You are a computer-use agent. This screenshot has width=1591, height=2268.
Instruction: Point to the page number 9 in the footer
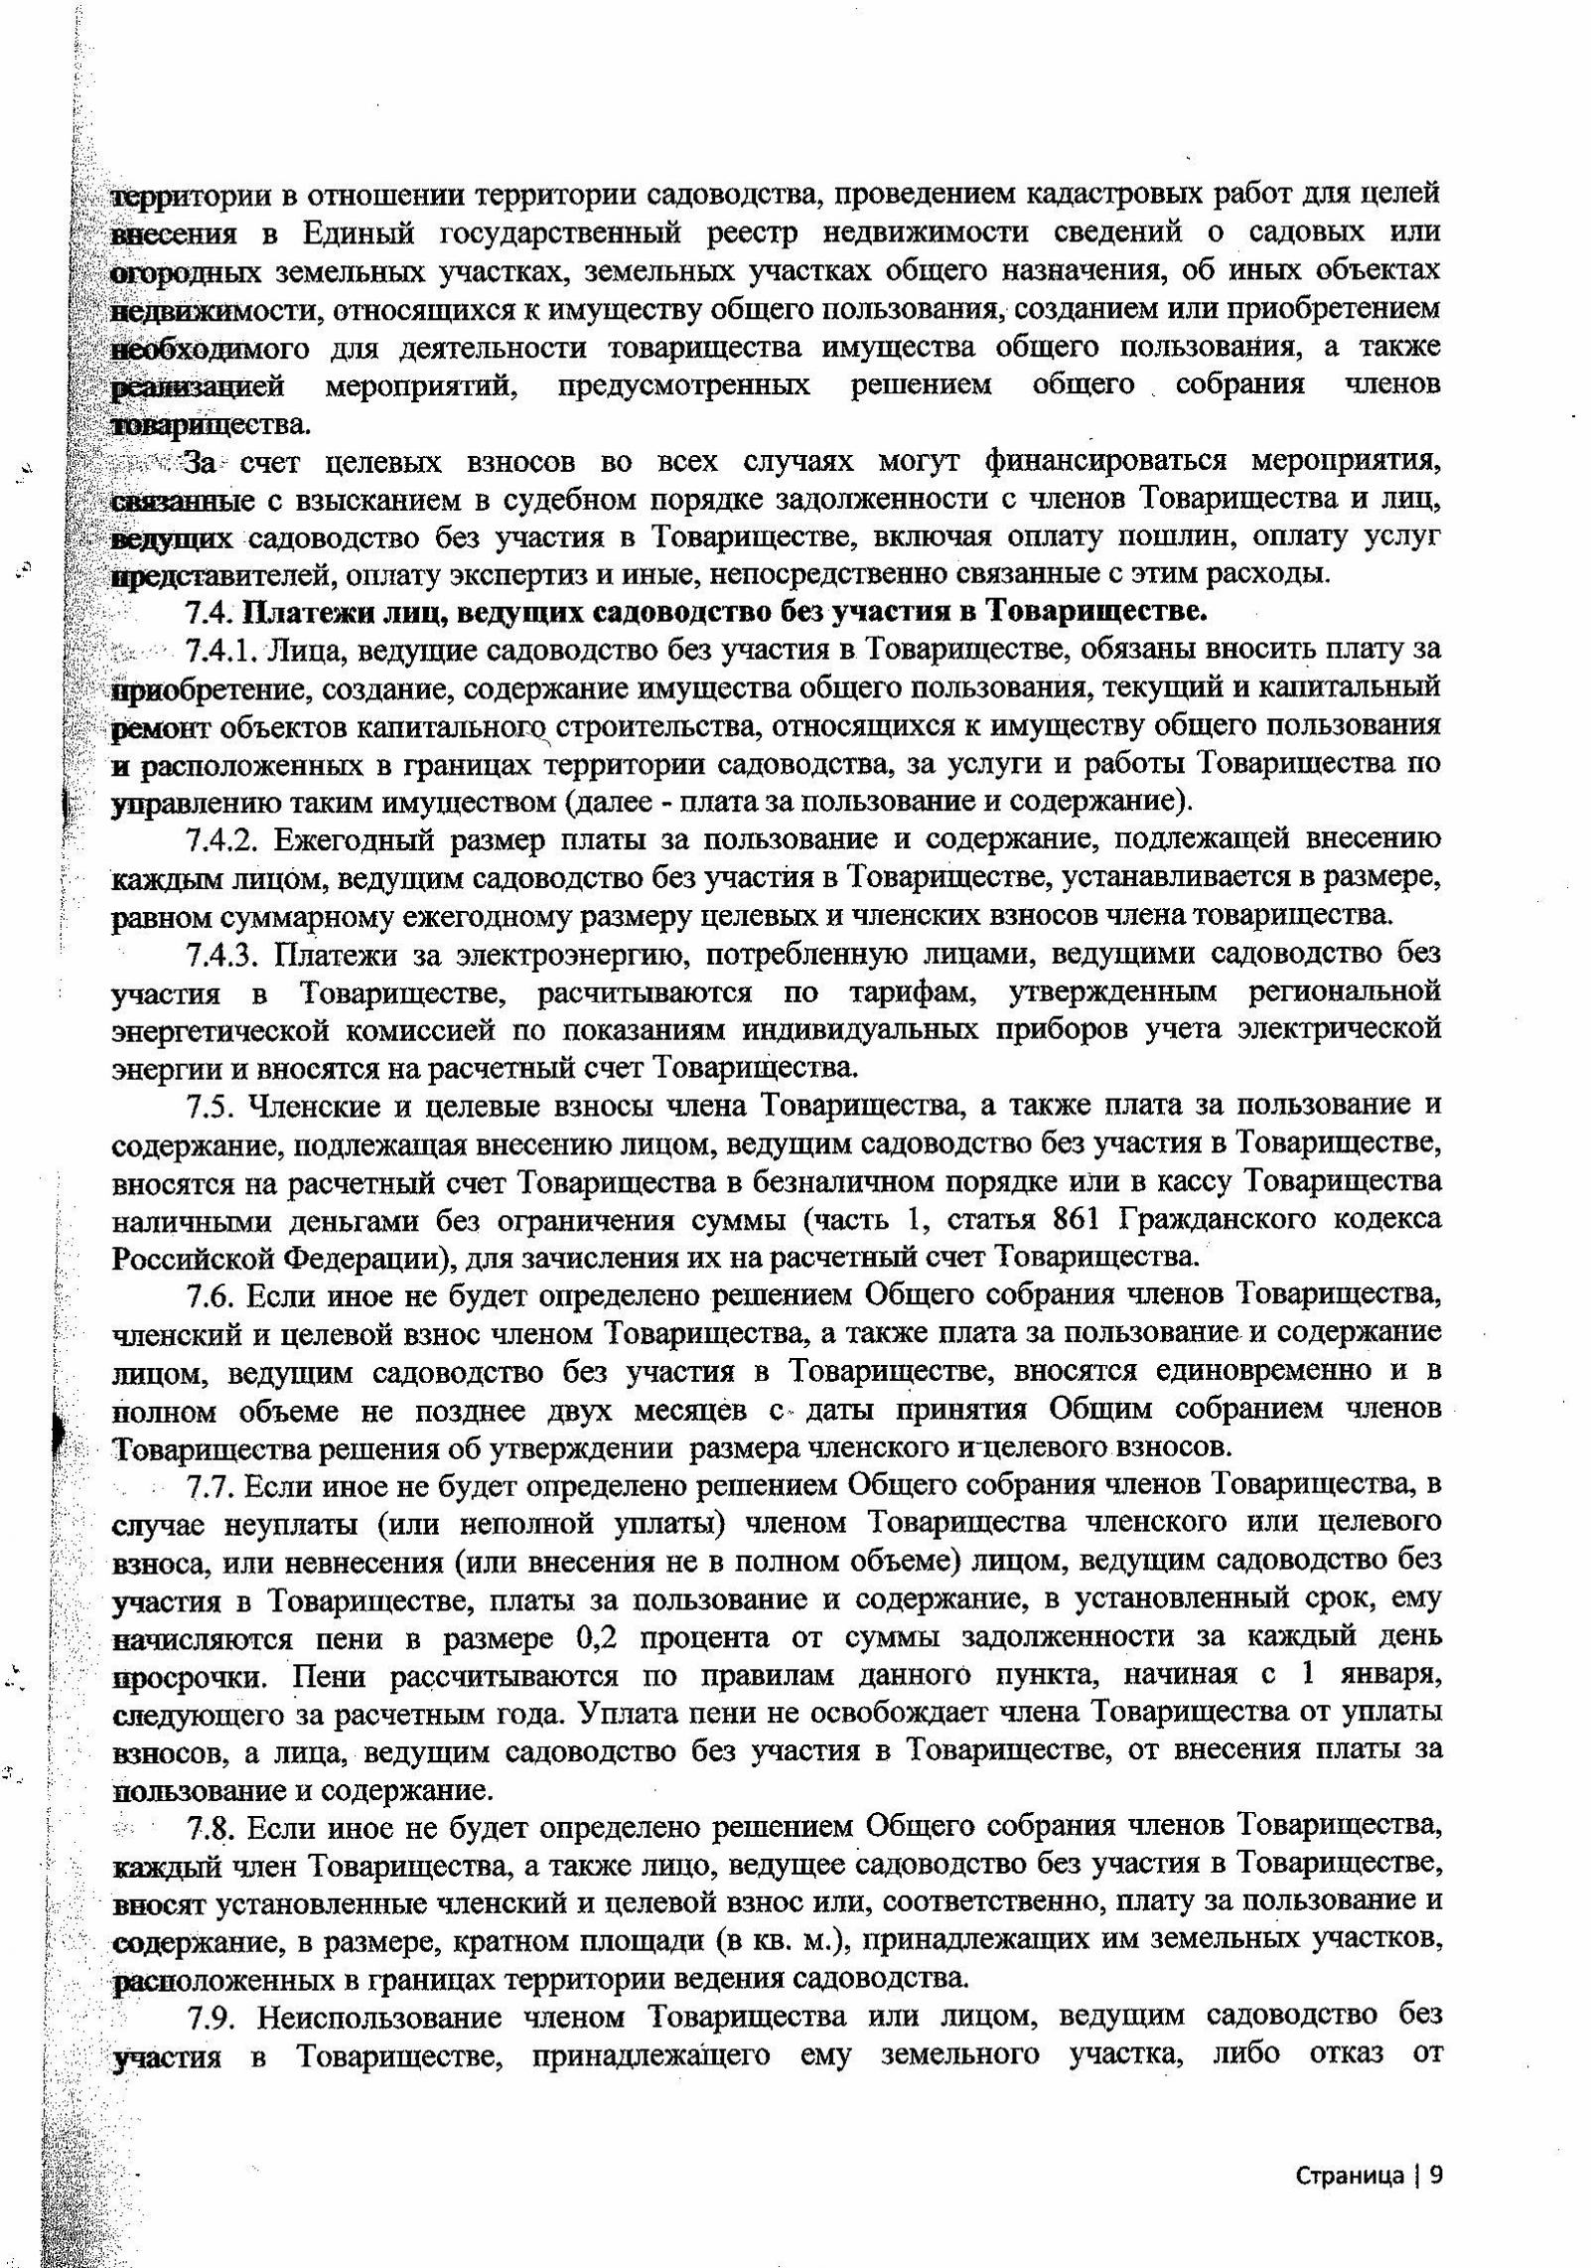coord(1434,2143)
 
